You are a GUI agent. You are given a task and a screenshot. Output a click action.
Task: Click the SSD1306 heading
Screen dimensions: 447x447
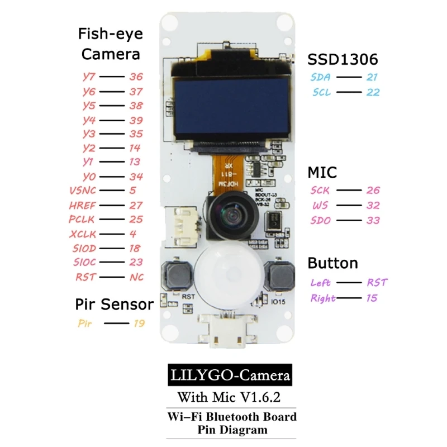tap(343, 59)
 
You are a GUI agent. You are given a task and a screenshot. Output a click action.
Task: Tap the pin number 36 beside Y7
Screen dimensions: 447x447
tap(136, 77)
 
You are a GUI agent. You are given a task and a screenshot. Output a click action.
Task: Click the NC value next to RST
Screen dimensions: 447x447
tap(136, 277)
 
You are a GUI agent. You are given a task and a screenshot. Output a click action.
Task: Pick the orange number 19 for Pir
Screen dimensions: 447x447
tap(139, 323)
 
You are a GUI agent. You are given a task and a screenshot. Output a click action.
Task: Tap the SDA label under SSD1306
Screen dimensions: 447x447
tap(321, 78)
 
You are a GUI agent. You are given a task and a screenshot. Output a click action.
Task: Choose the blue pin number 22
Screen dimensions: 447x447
tap(373, 92)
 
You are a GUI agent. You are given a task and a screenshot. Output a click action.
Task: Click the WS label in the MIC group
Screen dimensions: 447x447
tap(321, 206)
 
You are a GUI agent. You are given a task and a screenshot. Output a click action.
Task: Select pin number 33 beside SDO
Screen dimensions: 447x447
tap(373, 220)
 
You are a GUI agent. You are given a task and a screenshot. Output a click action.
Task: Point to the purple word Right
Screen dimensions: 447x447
tap(323, 298)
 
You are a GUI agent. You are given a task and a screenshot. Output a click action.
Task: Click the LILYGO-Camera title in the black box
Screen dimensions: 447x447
tap(230, 375)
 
